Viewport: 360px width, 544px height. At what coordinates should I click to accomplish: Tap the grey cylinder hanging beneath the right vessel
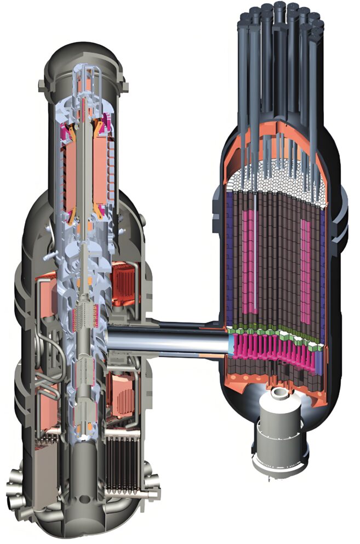click(x=277, y=439)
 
